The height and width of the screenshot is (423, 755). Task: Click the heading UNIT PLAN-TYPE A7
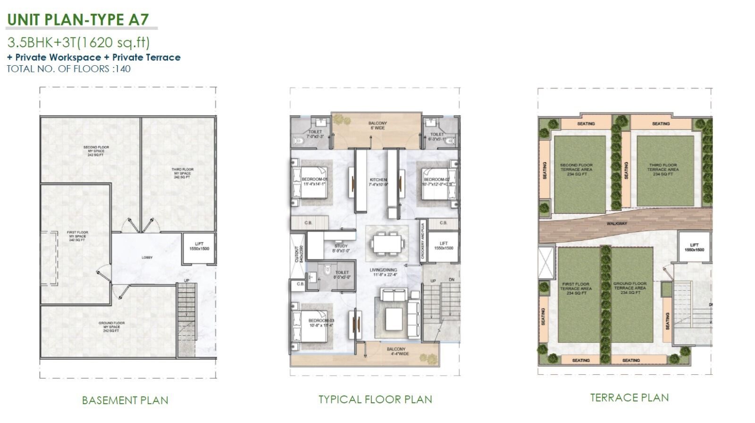coord(78,19)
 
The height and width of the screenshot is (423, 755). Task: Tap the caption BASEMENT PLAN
coord(125,400)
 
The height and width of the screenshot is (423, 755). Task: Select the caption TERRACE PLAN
coord(629,397)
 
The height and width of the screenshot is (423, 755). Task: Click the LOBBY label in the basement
coord(147,258)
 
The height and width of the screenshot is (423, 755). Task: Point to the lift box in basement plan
coord(199,248)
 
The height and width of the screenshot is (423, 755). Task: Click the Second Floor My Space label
coord(96,151)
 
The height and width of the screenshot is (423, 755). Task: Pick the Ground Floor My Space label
coord(111,327)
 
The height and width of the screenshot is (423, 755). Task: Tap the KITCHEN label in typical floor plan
coord(378,180)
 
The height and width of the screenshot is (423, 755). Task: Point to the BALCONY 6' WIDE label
coord(377,125)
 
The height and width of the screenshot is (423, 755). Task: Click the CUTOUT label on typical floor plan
coord(297,254)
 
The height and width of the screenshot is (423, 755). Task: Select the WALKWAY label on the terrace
coord(617,224)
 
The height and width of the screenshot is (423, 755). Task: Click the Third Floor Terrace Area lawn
coord(665,171)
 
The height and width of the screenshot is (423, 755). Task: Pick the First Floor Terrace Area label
coord(576,288)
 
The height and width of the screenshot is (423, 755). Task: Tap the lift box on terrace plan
coord(694,247)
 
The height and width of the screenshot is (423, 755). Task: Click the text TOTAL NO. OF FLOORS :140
coord(68,69)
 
